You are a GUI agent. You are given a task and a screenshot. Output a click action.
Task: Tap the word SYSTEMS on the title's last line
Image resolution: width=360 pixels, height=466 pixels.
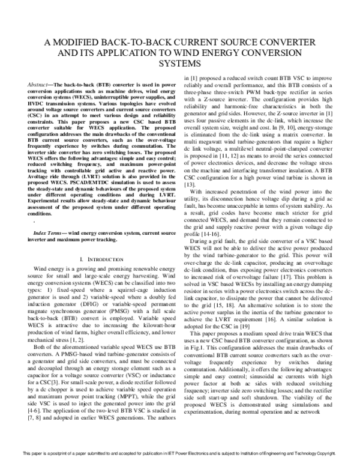click(x=181, y=64)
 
